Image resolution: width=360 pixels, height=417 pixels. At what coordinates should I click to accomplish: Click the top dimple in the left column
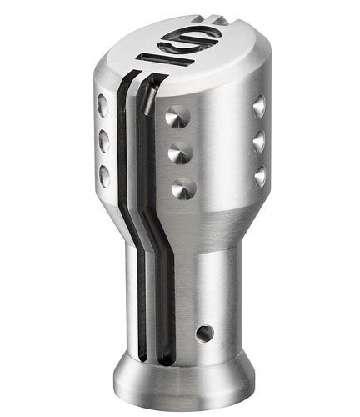102,106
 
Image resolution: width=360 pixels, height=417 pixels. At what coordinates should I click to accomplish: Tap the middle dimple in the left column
104,141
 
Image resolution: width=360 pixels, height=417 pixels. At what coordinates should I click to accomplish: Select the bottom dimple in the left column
105,174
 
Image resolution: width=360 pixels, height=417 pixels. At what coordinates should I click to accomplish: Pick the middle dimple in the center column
177,154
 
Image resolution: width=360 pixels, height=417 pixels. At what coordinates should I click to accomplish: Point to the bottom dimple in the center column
179,189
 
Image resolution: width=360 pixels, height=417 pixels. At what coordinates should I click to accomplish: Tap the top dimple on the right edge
259,105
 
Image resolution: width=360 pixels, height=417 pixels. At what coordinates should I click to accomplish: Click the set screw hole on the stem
203,334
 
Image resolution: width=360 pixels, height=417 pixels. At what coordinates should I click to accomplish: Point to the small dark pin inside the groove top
147,100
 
